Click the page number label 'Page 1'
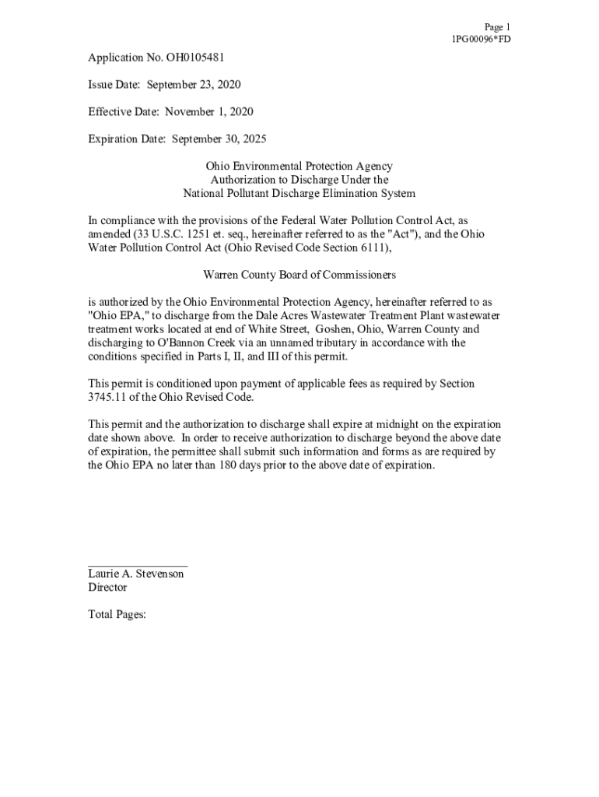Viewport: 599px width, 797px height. click(496, 26)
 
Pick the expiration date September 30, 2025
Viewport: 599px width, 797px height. click(219, 139)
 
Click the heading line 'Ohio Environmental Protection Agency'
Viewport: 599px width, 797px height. click(299, 167)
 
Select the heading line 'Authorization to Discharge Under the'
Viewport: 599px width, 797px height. click(299, 180)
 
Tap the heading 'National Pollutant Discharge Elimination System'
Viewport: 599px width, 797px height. click(299, 193)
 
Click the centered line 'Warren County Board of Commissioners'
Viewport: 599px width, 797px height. click(299, 275)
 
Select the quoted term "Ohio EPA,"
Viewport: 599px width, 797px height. click(114, 315)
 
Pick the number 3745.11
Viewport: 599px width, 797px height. click(108, 397)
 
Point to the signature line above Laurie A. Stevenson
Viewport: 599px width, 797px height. click(137, 565)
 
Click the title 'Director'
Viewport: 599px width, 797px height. click(107, 588)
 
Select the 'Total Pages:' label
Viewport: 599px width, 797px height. click(117, 615)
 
